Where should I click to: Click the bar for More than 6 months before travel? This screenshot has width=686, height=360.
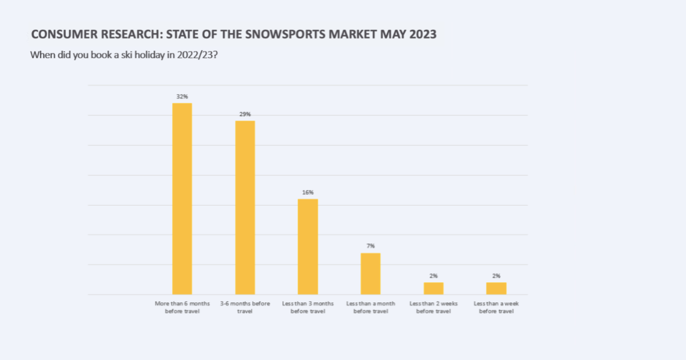pos(182,199)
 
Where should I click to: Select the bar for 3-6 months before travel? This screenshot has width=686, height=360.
pos(245,207)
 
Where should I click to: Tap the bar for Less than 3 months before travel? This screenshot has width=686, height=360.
pos(308,247)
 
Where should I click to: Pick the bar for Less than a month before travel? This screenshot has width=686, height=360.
pos(370,274)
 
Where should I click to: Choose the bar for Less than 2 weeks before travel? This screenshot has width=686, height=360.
pos(433,289)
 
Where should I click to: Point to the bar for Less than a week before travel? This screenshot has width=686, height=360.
pos(496,289)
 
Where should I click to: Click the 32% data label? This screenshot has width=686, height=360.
pos(182,97)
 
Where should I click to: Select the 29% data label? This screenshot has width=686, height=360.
pos(245,114)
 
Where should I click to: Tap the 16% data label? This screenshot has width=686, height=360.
pos(308,193)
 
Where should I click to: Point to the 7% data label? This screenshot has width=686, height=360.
pos(370,246)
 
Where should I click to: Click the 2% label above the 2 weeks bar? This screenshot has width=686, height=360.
pos(433,276)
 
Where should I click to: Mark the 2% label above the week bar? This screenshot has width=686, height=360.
pos(496,276)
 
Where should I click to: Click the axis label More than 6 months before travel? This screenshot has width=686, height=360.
pos(182,307)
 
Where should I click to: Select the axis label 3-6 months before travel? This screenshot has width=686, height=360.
pos(245,307)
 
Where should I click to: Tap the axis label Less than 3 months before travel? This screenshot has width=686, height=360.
pos(308,307)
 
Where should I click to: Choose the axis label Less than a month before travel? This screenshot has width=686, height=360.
pos(370,307)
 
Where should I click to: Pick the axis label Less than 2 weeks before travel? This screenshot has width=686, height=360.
pos(433,307)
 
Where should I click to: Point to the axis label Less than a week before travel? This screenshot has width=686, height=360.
pos(496,307)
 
